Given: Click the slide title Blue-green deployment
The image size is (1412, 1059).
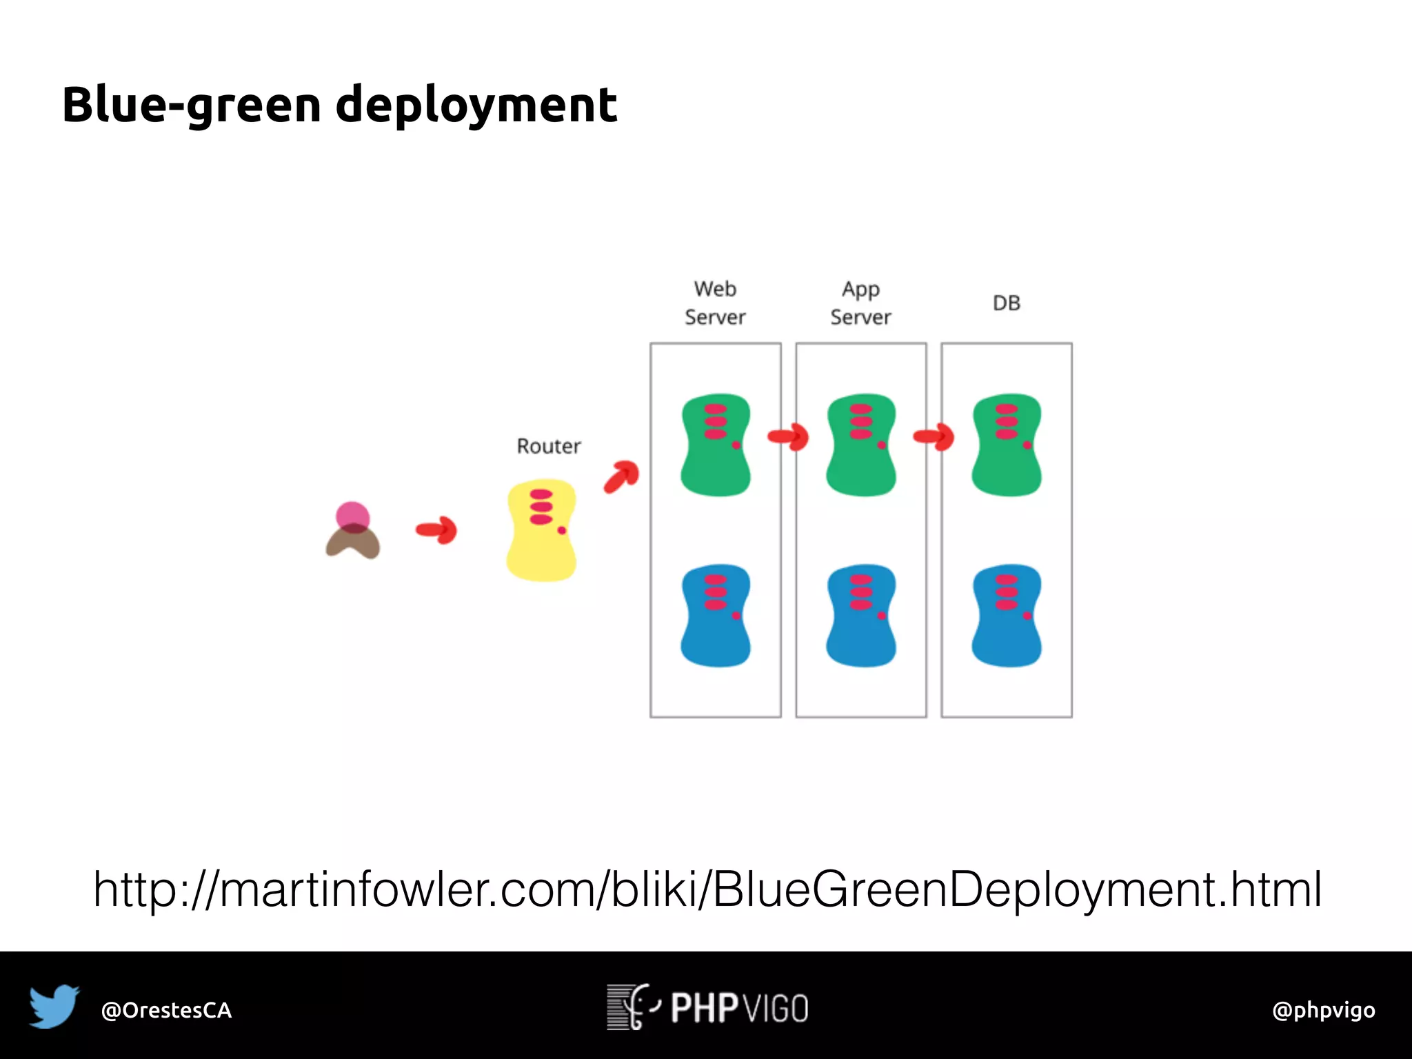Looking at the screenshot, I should pos(339,105).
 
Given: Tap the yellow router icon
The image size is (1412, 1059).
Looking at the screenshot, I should pos(541,529).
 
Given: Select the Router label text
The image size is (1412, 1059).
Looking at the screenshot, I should pos(549,446).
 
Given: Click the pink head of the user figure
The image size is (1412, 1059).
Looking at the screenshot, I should pos(352,516).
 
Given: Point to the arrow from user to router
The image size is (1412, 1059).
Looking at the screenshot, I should pos(436,529).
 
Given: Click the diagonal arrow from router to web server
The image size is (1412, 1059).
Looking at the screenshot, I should pos(621,476).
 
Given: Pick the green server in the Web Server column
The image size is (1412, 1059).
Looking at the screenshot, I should pos(716,445).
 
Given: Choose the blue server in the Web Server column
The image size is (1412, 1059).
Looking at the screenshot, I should pos(716,615).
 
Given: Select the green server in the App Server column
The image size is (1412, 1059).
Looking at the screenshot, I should pos(861,445).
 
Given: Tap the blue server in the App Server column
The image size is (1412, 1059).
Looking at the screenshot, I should pos(861,615).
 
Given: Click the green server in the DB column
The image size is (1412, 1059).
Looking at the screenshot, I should pos(1007,445).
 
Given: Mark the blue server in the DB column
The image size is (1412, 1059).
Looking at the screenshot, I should pos(1007,615).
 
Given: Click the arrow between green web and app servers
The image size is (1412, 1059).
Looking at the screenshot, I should pos(788,436).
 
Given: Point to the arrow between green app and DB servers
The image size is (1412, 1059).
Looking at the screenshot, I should pos(934,436).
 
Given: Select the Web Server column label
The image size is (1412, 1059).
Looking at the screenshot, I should pos(715,303).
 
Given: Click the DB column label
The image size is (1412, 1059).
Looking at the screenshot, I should pos(1006,303).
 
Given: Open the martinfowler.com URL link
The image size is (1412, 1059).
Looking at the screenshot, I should pos(707,889).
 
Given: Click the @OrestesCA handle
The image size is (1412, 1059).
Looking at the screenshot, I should pos(166,1010).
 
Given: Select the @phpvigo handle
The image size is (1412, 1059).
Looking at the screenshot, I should pos(1323,1010).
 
